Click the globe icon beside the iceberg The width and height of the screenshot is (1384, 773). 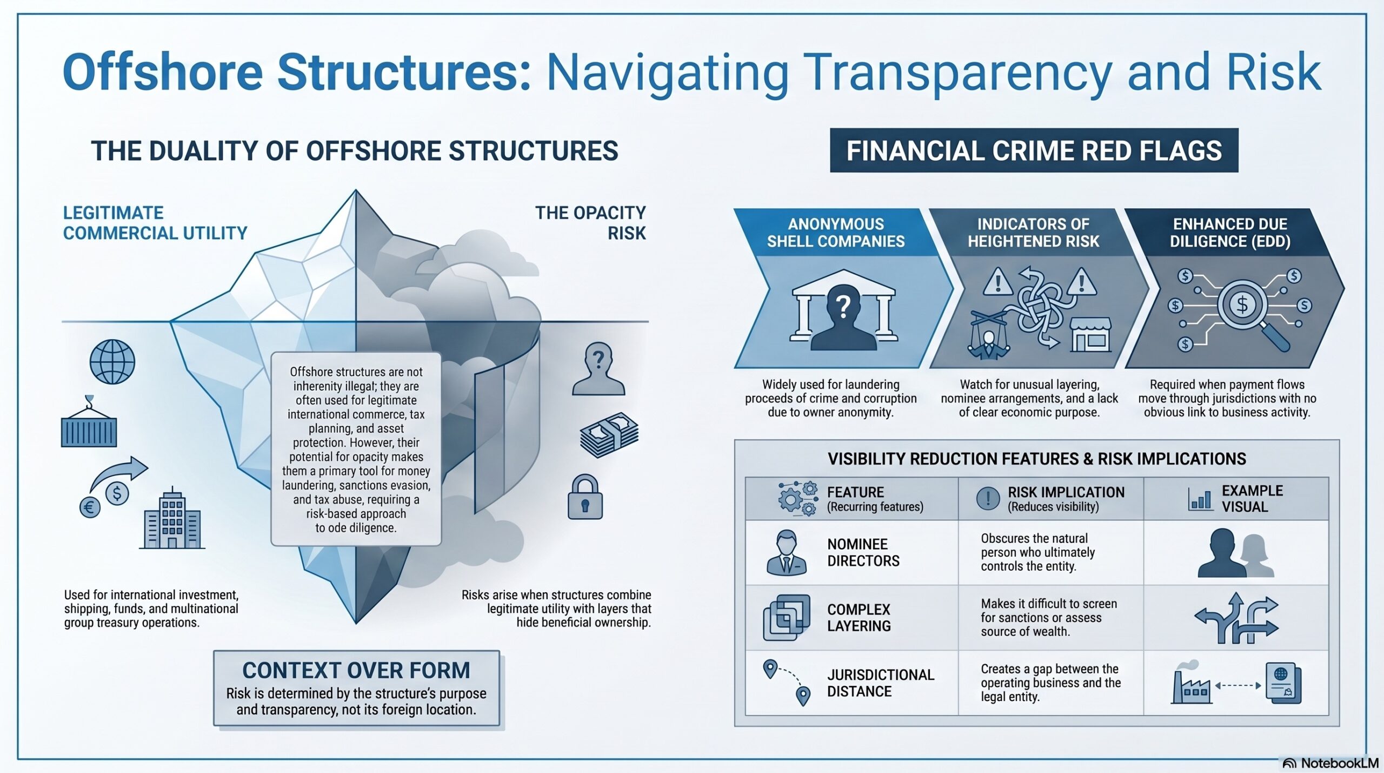click(112, 361)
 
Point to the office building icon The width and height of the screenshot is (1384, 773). click(172, 518)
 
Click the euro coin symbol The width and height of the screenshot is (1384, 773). click(90, 507)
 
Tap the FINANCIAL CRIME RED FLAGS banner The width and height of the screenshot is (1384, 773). click(1034, 150)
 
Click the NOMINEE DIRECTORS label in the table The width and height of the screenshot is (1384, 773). click(863, 552)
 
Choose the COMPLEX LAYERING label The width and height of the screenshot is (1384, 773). click(859, 617)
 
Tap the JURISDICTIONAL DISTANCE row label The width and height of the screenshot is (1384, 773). click(880, 683)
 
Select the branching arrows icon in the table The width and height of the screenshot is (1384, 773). click(1236, 618)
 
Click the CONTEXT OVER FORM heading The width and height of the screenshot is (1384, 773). click(356, 670)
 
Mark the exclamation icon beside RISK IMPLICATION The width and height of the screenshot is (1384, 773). click(988, 498)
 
